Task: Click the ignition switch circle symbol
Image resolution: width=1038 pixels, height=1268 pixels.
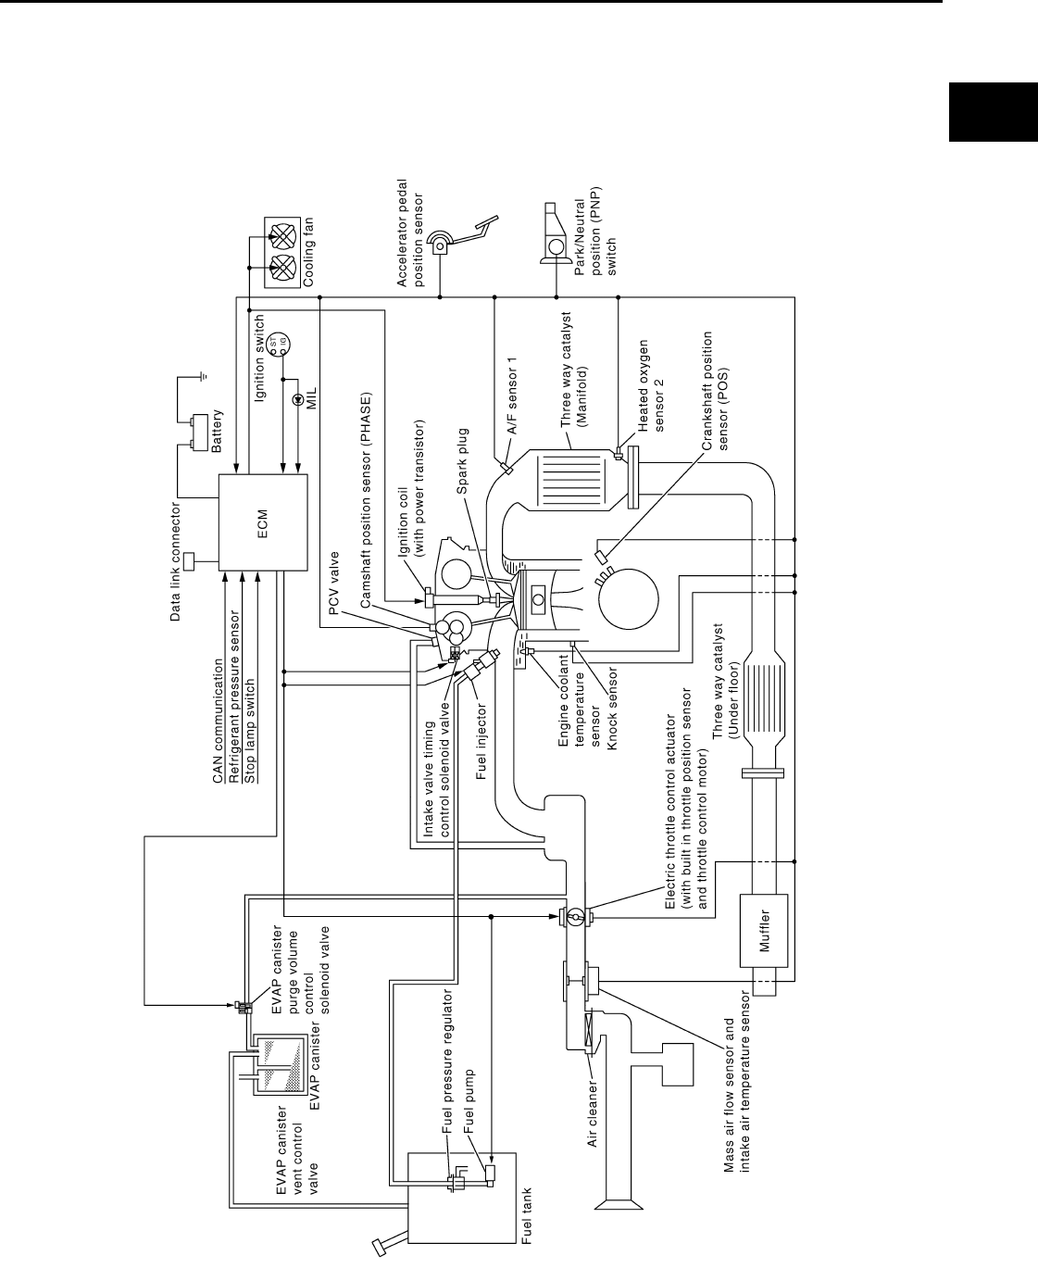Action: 275,345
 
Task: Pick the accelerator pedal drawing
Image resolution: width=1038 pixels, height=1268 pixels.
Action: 462,238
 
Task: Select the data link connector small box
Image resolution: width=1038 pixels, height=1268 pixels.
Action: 191,560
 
